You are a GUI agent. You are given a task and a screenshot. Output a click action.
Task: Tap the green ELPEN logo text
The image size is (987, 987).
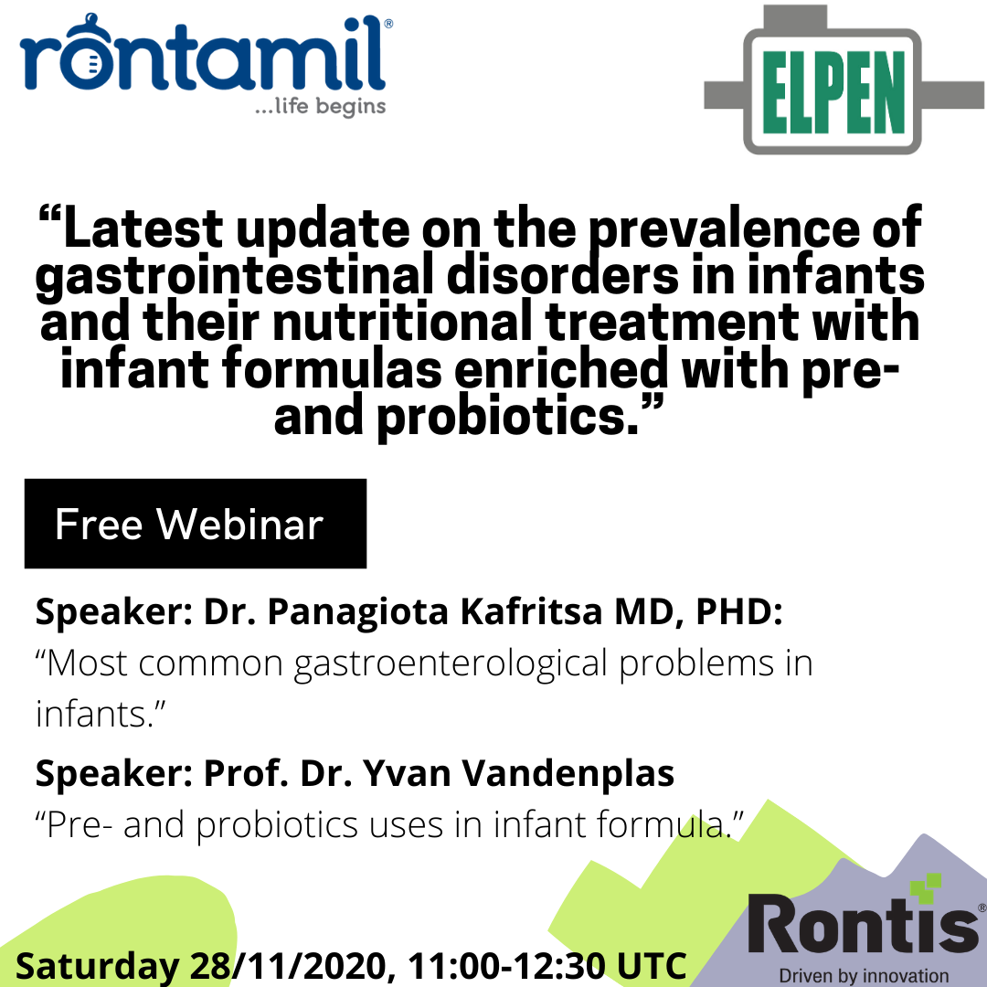pyautogui.click(x=833, y=92)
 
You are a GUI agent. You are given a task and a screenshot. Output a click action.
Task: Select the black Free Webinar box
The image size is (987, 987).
pyautogui.click(x=196, y=524)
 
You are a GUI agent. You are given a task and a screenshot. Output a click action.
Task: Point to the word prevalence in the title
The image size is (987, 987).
pyautogui.click(x=723, y=228)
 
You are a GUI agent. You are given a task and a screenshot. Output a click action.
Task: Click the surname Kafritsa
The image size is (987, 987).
pyautogui.click(x=531, y=611)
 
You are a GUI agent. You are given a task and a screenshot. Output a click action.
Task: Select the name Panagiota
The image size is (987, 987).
pyautogui.click(x=357, y=612)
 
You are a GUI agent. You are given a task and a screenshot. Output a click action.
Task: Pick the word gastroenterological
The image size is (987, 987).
pyautogui.click(x=451, y=664)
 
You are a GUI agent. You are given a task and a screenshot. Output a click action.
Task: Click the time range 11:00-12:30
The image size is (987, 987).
pyautogui.click(x=505, y=965)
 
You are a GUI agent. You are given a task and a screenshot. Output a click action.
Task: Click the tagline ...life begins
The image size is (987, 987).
pyautogui.click(x=321, y=106)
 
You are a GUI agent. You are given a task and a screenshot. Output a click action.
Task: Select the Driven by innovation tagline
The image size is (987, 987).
pyautogui.click(x=864, y=976)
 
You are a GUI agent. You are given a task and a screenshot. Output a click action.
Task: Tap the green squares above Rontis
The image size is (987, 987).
pyautogui.click(x=926, y=887)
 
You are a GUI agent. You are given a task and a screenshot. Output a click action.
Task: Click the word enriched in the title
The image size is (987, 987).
pyautogui.click(x=561, y=370)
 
